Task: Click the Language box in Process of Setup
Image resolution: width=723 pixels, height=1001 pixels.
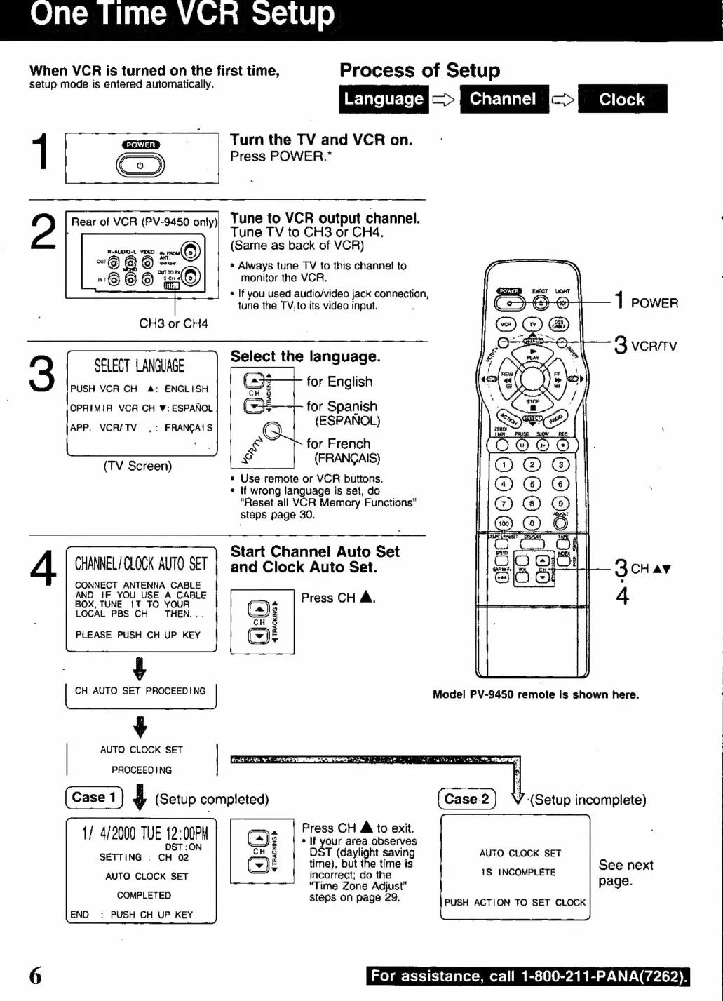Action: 384,99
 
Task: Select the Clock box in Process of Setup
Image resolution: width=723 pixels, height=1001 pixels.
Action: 622,99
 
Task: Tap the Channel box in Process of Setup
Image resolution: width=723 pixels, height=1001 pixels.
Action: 503,99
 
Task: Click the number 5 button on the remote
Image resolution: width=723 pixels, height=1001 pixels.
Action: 532,484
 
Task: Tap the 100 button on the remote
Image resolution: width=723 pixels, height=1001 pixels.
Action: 504,523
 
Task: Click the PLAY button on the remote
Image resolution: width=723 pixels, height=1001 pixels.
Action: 533,354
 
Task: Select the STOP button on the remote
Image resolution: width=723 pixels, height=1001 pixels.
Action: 533,406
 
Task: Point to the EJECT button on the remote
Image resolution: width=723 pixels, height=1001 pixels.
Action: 540,302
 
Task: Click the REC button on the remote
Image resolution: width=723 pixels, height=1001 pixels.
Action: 562,445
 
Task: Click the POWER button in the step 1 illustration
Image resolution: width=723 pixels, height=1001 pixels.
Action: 140,166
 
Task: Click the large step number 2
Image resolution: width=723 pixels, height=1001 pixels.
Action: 43,232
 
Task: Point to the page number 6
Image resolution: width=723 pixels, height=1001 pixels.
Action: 35,976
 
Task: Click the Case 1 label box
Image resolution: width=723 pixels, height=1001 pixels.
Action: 94,798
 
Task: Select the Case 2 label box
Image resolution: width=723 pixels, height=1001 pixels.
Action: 466,799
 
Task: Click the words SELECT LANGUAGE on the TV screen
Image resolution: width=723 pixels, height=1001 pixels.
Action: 140,366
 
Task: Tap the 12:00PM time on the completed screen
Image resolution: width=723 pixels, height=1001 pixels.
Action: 187,833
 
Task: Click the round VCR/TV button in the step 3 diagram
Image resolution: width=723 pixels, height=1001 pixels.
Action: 272,431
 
